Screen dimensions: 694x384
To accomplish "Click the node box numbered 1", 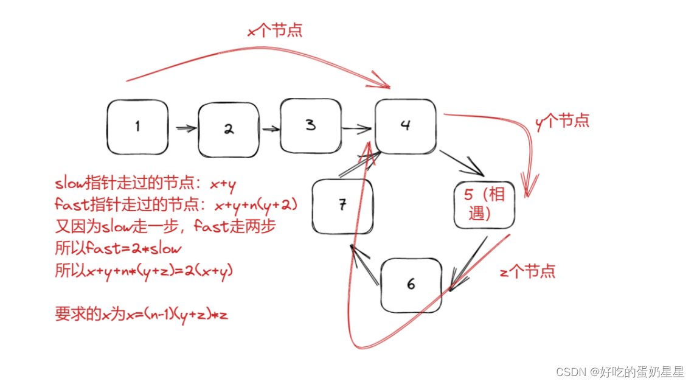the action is [137, 127].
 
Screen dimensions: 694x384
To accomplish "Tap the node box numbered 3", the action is [310, 125].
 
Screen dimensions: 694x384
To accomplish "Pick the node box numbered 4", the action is [405, 126].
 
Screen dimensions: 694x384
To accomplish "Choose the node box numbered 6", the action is [411, 284].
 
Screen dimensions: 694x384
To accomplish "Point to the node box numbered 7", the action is [342, 206].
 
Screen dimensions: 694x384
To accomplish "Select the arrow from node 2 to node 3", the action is [271, 129].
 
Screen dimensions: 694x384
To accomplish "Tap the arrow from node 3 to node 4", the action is [356, 128].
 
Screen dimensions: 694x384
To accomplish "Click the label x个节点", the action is [275, 30].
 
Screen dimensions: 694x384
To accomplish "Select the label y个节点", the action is [562, 120].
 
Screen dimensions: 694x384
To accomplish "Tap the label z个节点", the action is [527, 271].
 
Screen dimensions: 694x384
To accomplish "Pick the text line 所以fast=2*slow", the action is [118, 249].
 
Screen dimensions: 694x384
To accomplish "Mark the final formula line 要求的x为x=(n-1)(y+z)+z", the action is [141, 315].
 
